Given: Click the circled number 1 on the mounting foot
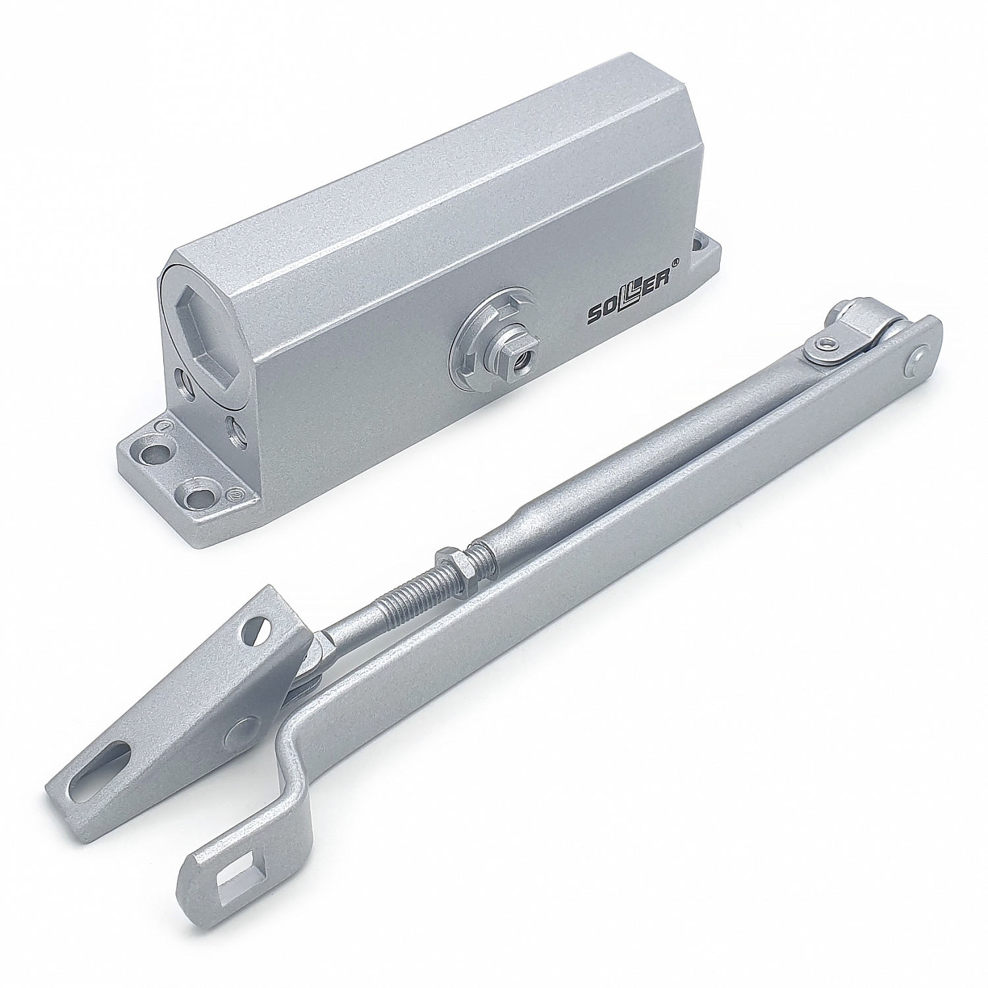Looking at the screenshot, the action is tap(159, 427).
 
